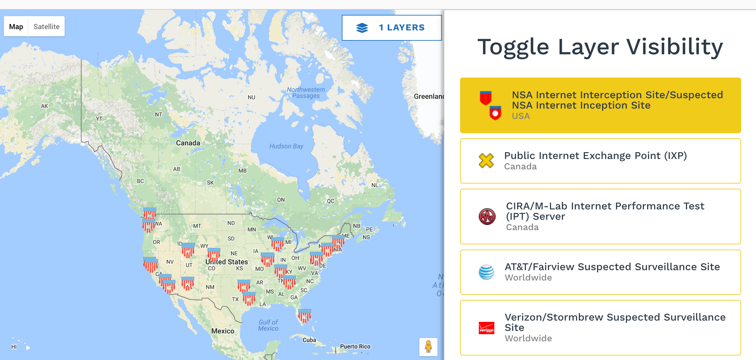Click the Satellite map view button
[47, 26]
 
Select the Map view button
[16, 26]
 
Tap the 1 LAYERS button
[392, 28]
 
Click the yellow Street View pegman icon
[428, 347]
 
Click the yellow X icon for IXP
[486, 161]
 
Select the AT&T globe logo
[486, 272]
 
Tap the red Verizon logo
[486, 328]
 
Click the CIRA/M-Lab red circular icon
[487, 217]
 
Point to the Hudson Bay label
[286, 146]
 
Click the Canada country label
[188, 143]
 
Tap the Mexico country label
[223, 331]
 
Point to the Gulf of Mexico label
[268, 325]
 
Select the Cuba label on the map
[309, 340]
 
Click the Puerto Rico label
[355, 346]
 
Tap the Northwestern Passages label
[306, 93]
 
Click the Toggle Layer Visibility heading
[600, 47]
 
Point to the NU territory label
[251, 97]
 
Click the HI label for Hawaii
[14, 347]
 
